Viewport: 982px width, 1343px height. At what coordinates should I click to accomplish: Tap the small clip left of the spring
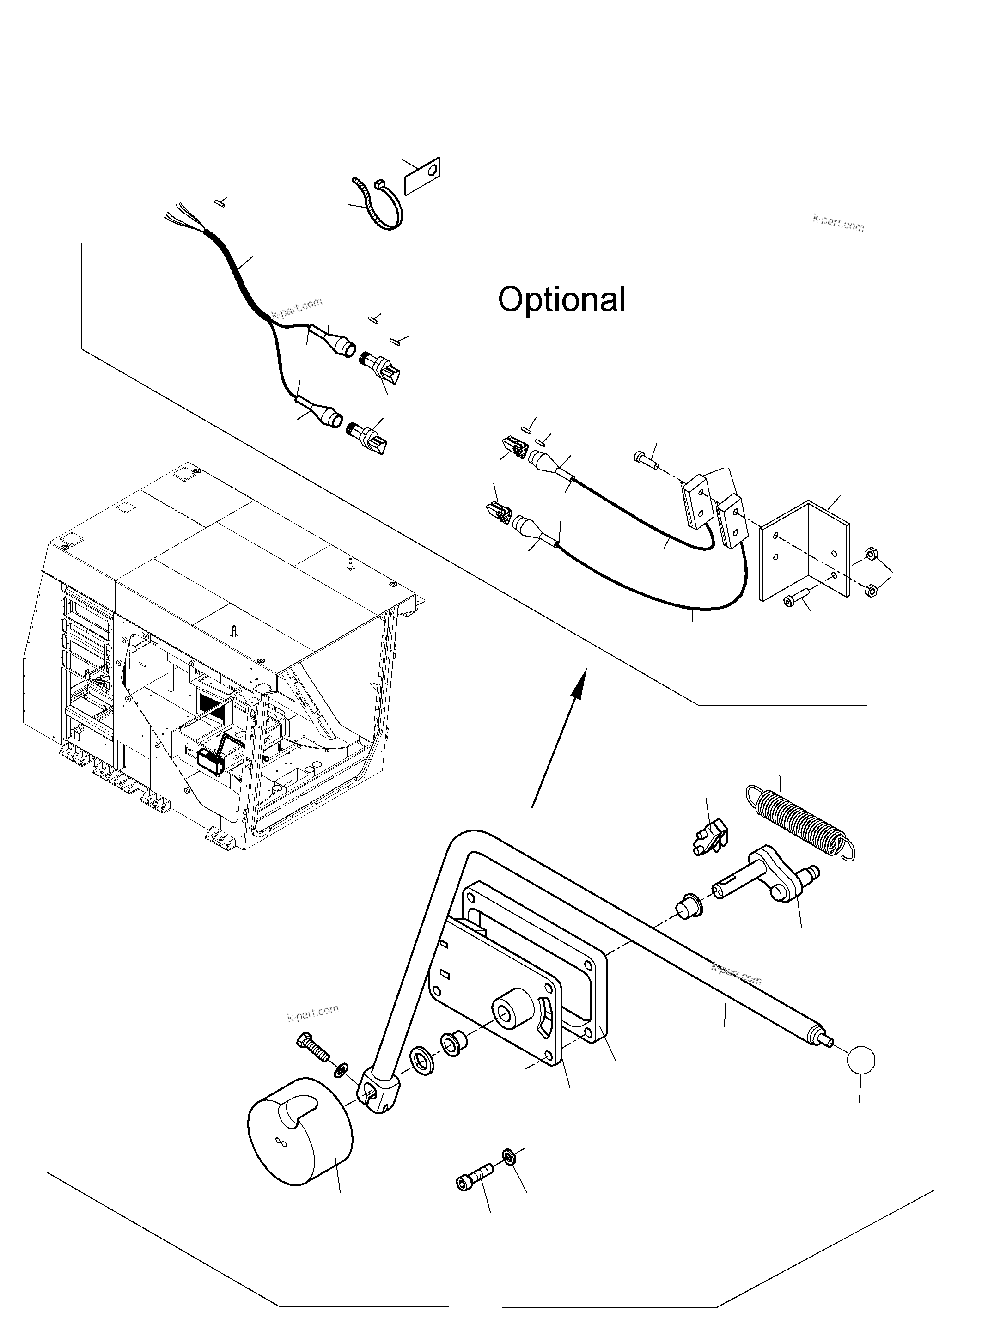pos(708,838)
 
